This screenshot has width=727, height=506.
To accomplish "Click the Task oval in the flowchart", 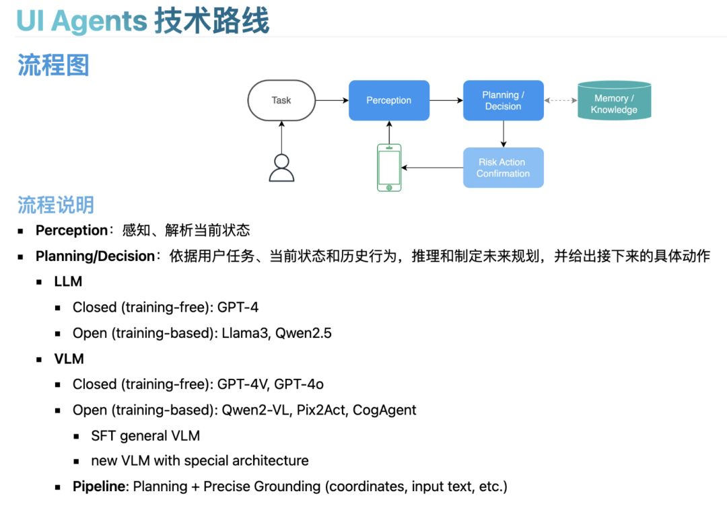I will (x=281, y=100).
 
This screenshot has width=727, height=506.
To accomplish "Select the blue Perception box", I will (x=388, y=100).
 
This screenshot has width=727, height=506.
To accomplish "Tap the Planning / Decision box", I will (x=503, y=100).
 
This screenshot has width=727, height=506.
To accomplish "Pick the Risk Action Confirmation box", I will (x=503, y=168).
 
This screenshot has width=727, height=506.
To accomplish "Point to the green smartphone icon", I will (x=389, y=168).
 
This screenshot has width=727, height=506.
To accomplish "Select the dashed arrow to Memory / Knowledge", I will (x=561, y=100).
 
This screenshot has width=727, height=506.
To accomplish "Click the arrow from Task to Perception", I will (x=332, y=100).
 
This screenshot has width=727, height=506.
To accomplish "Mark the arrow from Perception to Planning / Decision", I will (x=446, y=100).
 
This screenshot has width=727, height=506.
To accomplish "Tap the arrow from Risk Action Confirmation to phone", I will (x=432, y=168).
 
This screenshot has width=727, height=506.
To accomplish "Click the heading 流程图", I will (x=53, y=65).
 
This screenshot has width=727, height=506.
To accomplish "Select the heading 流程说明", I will (x=56, y=205).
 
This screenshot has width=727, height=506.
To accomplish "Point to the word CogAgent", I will (x=384, y=410).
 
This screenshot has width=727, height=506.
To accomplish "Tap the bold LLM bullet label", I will (x=68, y=282).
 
